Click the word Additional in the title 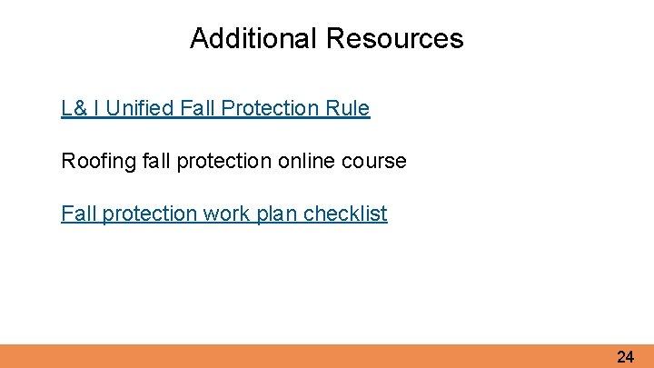coord(253,39)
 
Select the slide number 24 coord(625,357)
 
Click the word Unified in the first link coord(142,109)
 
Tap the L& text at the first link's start coord(74,109)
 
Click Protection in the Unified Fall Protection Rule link coord(273,109)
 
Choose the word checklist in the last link coord(345,214)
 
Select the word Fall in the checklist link coord(77,214)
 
